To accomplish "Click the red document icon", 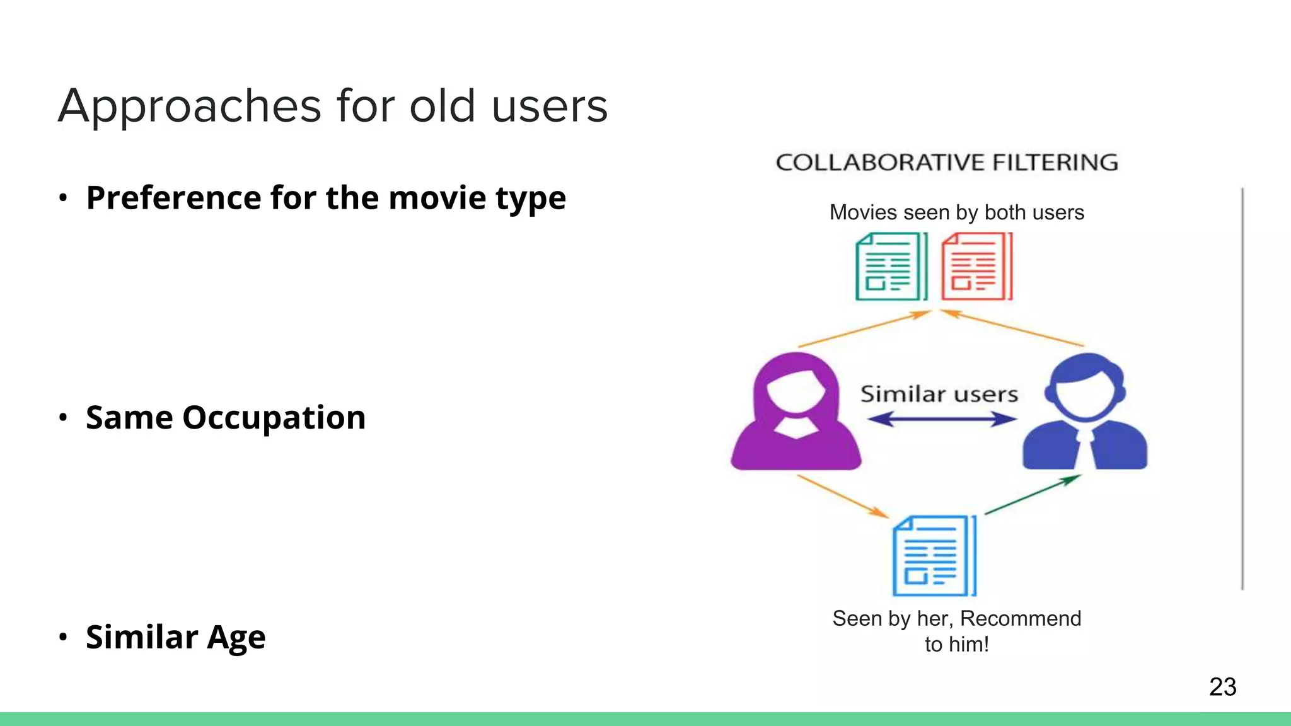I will pos(976,267).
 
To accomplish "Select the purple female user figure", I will pos(796,413).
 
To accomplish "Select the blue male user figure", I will pos(1085,413).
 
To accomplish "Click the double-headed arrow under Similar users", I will pos(941,419).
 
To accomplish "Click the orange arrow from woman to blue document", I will pos(843,496).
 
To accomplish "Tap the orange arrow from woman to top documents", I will pos(864,328).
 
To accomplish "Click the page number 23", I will pos(1222,687).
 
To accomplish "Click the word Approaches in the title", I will pos(190,106).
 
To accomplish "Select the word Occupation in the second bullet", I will pos(274,417).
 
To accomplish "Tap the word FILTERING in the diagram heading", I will pos(1055,163).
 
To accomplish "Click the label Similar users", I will pos(939,395).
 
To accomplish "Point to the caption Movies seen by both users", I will pos(956,212).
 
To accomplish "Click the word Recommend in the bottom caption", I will pos(1020,618).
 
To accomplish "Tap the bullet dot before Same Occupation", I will pos(62,418).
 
